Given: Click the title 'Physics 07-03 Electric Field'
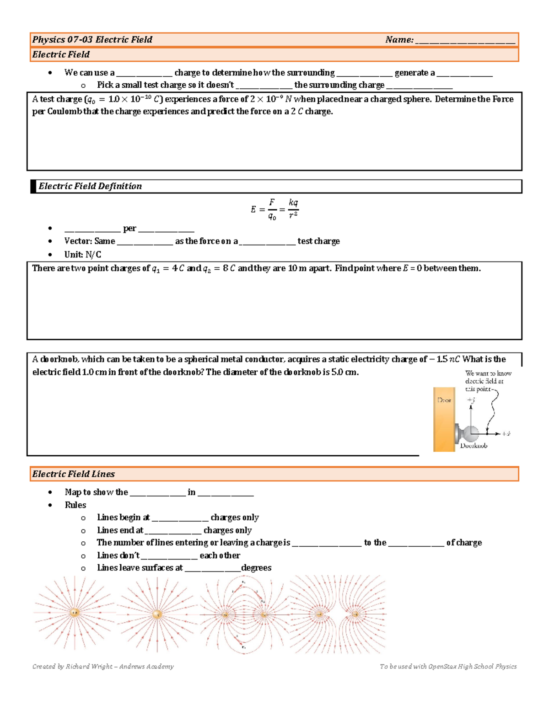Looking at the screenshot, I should pyautogui.click(x=92, y=40).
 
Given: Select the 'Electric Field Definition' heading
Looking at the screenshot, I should pyautogui.click(x=90, y=186).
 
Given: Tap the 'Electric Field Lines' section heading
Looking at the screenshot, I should pyautogui.click(x=73, y=474).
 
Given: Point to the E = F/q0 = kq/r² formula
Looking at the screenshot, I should pyautogui.click(x=274, y=209).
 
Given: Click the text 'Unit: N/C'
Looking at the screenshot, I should pyautogui.click(x=83, y=255).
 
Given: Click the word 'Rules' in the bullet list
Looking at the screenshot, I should pyautogui.click(x=75, y=505).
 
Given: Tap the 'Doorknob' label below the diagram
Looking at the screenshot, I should pyautogui.click(x=474, y=446).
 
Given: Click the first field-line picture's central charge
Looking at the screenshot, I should pyautogui.click(x=75, y=612).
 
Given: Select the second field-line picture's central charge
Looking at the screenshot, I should pyautogui.click(x=157, y=614).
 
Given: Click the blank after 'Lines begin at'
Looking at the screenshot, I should pyautogui.click(x=180, y=518).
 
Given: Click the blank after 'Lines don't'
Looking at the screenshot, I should pyautogui.click(x=169, y=556).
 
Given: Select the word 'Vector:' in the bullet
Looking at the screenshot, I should pyautogui.click(x=78, y=241).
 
